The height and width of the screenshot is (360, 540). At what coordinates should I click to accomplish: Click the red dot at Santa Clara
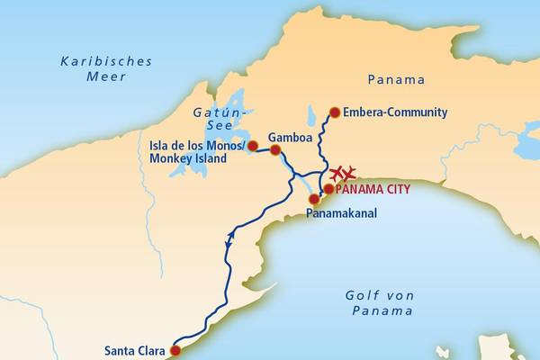pos(175,351)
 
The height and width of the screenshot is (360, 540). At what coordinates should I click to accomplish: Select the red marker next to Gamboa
pos(275,150)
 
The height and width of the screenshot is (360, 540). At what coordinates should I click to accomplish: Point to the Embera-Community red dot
pos(335,112)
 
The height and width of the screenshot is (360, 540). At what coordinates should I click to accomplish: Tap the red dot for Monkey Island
pos(253,145)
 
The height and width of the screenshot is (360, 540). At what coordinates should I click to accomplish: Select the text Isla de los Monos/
pos(198,142)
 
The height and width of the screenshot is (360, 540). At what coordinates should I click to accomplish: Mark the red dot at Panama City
pos(328,189)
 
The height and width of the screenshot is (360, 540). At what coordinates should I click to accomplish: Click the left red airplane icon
pos(337,174)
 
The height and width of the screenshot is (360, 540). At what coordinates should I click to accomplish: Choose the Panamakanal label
pos(341,214)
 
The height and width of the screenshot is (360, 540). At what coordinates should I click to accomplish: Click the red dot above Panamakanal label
pos(313,199)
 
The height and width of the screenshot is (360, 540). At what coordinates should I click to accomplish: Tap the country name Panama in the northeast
pos(397,79)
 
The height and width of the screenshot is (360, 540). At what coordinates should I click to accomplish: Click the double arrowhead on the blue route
pos(229,238)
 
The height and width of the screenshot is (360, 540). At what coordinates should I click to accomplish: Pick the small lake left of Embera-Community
pos(310,116)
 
